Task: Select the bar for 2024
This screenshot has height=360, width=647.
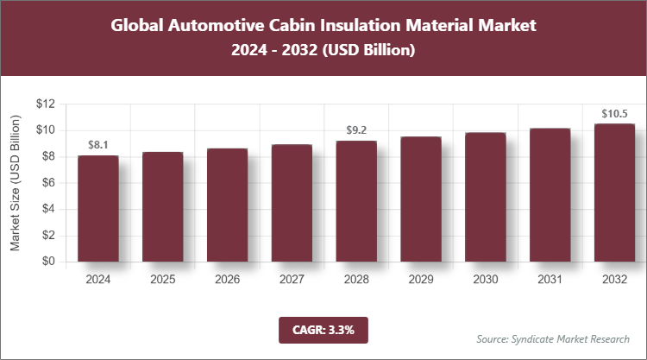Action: pyautogui.click(x=98, y=208)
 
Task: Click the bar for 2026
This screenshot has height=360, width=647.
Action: pyautogui.click(x=227, y=205)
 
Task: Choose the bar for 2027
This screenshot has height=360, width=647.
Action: pyautogui.click(x=292, y=203)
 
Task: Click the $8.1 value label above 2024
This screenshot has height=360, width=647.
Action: pyautogui.click(x=98, y=144)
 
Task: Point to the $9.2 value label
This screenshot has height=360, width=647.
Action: pyautogui.click(x=356, y=130)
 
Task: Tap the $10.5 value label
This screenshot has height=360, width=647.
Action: pyautogui.click(x=614, y=113)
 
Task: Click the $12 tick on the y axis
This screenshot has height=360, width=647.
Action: pyautogui.click(x=45, y=104)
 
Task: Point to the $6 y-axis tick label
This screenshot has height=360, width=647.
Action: pyautogui.click(x=48, y=182)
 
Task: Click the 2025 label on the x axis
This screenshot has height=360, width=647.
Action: pyautogui.click(x=163, y=280)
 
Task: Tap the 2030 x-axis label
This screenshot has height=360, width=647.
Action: pyautogui.click(x=486, y=280)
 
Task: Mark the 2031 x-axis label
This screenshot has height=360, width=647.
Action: pyautogui.click(x=550, y=280)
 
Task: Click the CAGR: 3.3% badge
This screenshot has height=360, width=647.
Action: pyautogui.click(x=323, y=329)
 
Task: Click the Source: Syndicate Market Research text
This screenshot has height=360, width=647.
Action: pyautogui.click(x=553, y=338)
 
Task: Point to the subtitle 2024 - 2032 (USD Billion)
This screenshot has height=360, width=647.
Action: pyautogui.click(x=323, y=51)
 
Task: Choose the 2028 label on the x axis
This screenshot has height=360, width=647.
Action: pyautogui.click(x=356, y=280)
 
